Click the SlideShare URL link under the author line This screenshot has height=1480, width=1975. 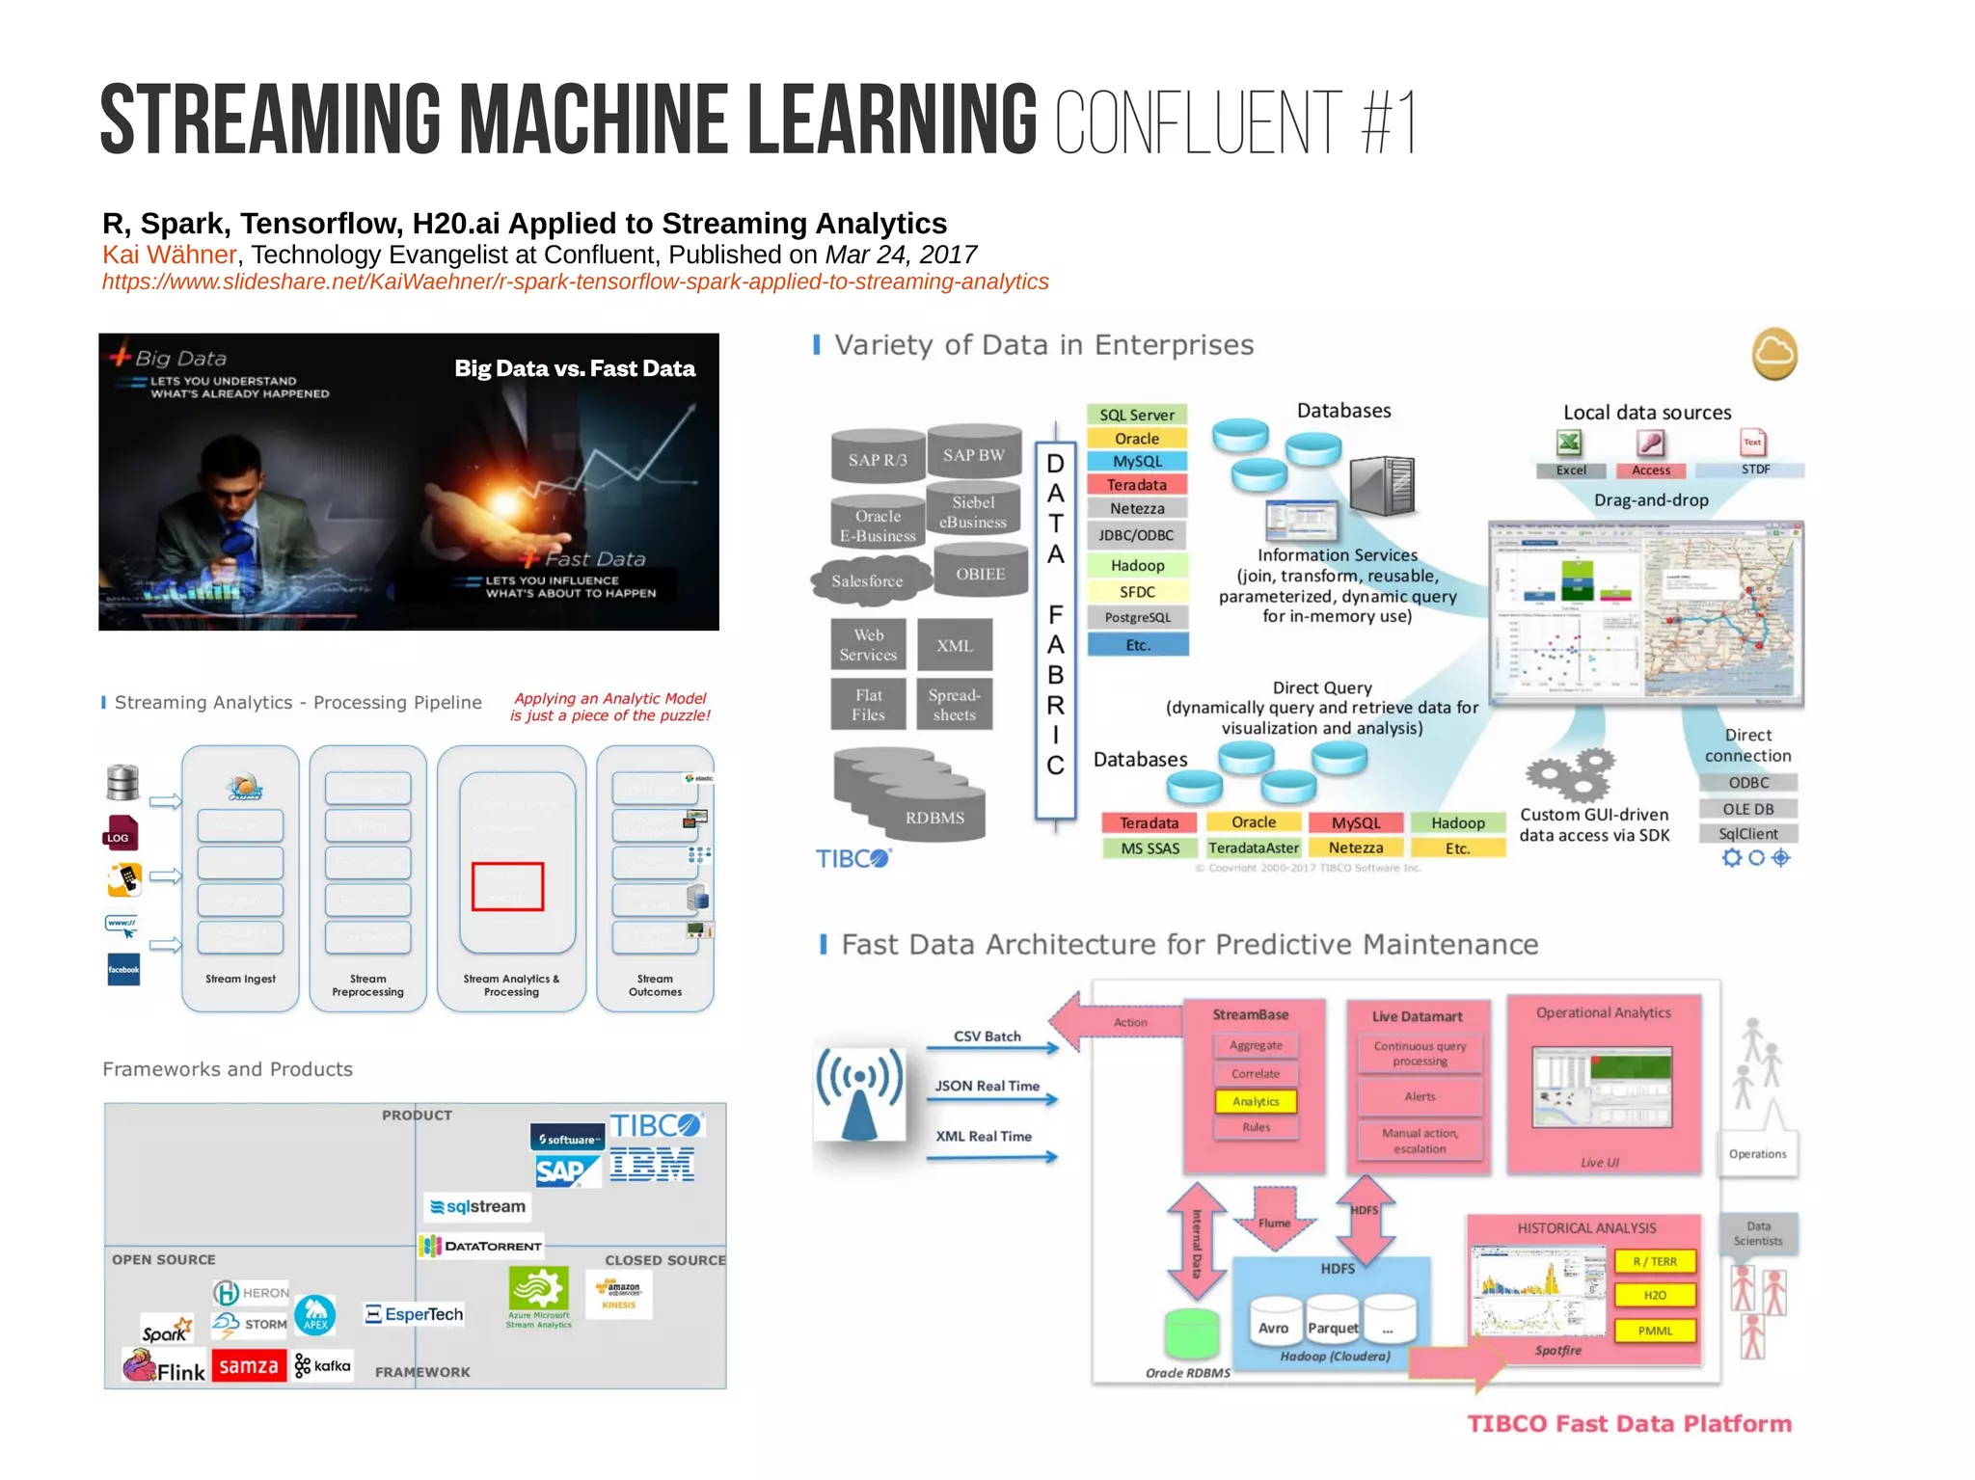pyautogui.click(x=575, y=282)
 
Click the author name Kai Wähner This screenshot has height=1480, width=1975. pyautogui.click(x=169, y=255)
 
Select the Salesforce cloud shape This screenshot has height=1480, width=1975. pyautogui.click(x=868, y=579)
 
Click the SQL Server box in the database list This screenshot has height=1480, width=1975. pyautogui.click(x=1136, y=415)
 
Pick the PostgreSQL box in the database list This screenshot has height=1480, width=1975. pyautogui.click(x=1137, y=617)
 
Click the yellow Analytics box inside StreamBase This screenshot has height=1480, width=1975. pyautogui.click(x=1256, y=1101)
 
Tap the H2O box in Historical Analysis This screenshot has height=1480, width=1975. pyautogui.click(x=1655, y=1295)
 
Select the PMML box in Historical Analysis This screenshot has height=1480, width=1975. pyautogui.click(x=1655, y=1331)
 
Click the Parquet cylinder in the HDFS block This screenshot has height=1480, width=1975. pyautogui.click(x=1333, y=1323)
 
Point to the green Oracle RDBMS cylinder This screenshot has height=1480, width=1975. pyautogui.click(x=1193, y=1334)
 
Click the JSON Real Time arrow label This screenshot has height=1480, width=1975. pyautogui.click(x=987, y=1086)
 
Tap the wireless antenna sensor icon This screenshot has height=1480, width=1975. pyautogui.click(x=859, y=1094)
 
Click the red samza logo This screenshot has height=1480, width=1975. pyautogui.click(x=249, y=1365)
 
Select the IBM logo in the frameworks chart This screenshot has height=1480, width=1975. pyautogui.click(x=652, y=1165)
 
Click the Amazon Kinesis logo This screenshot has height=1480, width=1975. pyautogui.click(x=618, y=1294)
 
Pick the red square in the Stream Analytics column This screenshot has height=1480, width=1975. pyautogui.click(x=507, y=886)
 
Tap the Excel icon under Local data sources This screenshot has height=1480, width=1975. pyautogui.click(x=1569, y=444)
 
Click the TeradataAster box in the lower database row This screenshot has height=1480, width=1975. pyautogui.click(x=1253, y=848)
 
